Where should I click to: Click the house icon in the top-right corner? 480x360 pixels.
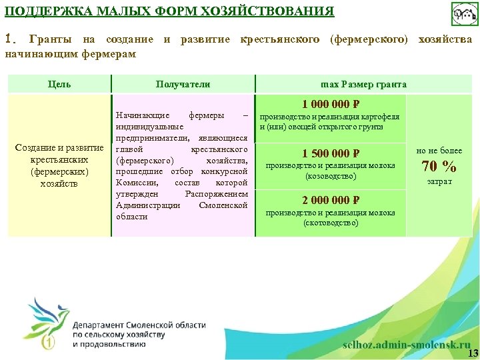click(x=465, y=14)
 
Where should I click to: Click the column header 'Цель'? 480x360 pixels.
click(x=59, y=84)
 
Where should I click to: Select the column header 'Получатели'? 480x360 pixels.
click(x=183, y=84)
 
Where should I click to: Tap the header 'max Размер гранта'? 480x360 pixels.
click(x=363, y=84)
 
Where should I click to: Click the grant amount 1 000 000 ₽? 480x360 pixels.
click(x=331, y=104)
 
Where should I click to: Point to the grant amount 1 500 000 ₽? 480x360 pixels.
click(x=331, y=153)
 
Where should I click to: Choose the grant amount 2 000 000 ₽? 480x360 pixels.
click(x=331, y=200)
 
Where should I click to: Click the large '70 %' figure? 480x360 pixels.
click(x=439, y=166)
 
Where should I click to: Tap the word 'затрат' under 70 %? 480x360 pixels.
click(x=439, y=181)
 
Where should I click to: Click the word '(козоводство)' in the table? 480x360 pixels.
click(x=331, y=176)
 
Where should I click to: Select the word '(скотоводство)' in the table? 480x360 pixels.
click(x=331, y=223)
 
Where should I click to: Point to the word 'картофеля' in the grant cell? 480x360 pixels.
click(x=383, y=117)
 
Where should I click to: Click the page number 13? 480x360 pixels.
click(x=473, y=353)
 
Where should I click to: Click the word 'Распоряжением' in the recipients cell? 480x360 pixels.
click(x=217, y=193)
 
